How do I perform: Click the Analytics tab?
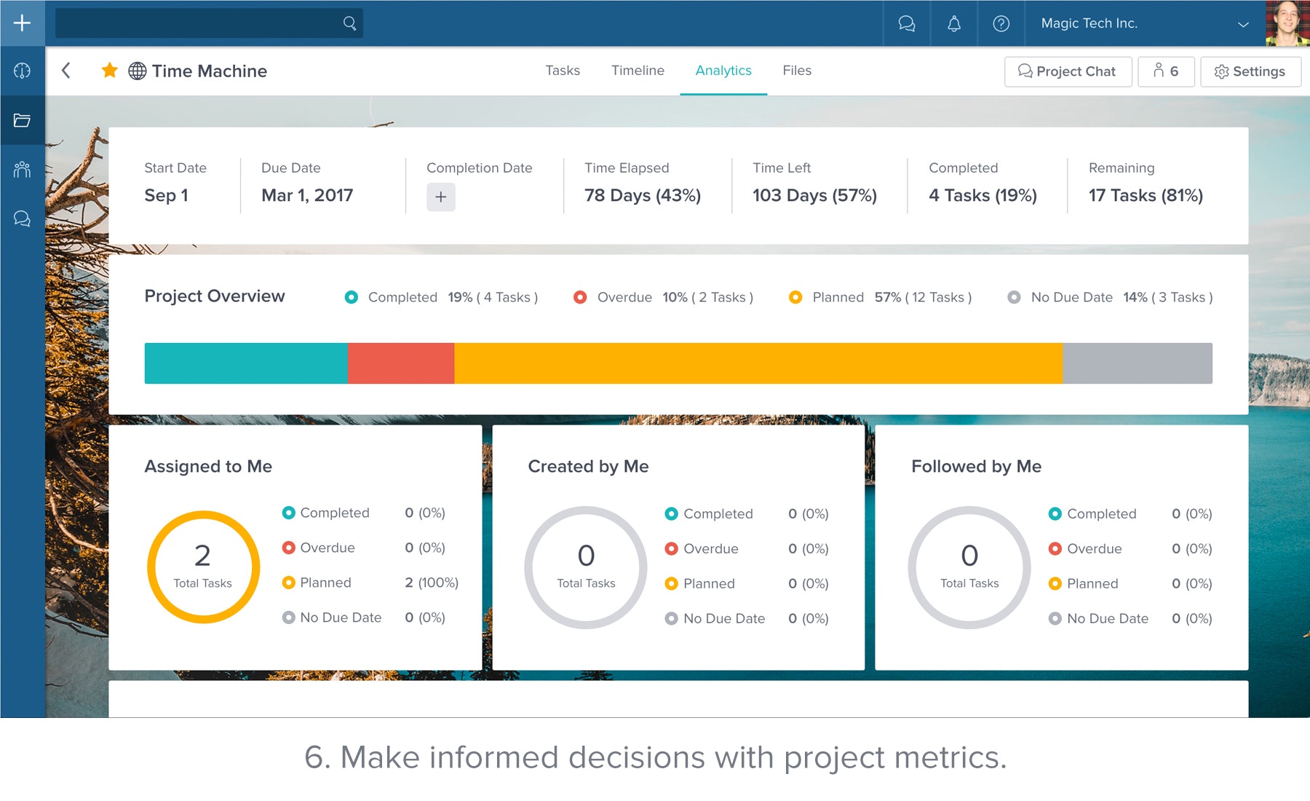tap(723, 71)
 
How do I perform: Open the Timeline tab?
tap(638, 71)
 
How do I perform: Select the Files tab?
tap(797, 71)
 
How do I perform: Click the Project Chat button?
tap(1068, 71)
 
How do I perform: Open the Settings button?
tap(1250, 71)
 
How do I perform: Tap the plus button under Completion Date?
tap(441, 197)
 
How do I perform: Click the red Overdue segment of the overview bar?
tap(401, 363)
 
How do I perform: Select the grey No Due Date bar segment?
tap(1138, 363)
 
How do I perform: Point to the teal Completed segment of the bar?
tap(246, 363)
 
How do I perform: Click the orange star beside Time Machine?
tap(110, 71)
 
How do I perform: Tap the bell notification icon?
tap(954, 23)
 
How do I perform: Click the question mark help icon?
tap(1001, 23)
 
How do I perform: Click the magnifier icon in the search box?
tap(350, 23)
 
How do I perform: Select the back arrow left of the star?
tap(66, 71)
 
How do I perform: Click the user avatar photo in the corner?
tap(1287, 23)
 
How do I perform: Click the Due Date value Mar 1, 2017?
tap(307, 195)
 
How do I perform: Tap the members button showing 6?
tap(1166, 71)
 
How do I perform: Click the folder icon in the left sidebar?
tap(23, 120)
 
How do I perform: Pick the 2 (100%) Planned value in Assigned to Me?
tap(432, 583)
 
